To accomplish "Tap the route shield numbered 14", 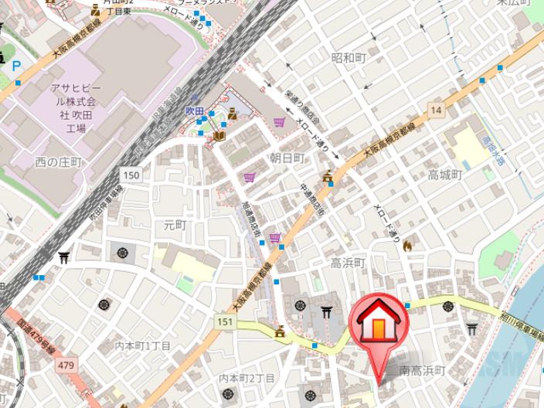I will click(437, 110).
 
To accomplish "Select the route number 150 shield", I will click(131, 176).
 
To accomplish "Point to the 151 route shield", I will click(225, 321).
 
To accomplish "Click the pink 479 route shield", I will click(66, 364).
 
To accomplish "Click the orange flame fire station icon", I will click(407, 245).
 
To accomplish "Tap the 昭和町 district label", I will click(347, 58).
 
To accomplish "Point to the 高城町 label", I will click(445, 175).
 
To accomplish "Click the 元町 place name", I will click(175, 225).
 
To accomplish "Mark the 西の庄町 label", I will click(58, 161).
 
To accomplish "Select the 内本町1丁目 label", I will click(142, 345).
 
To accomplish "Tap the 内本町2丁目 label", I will click(246, 378).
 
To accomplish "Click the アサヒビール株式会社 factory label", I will click(74, 101).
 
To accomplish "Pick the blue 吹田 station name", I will click(194, 111).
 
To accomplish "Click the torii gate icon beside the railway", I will click(64, 257).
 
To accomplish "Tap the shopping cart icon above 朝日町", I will click(278, 121).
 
